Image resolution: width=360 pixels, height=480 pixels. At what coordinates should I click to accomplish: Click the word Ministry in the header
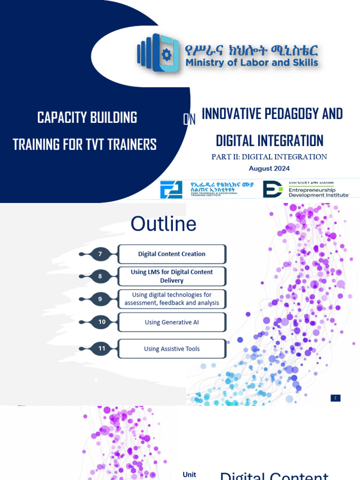204,62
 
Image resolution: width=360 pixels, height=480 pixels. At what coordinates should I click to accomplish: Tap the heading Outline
164,224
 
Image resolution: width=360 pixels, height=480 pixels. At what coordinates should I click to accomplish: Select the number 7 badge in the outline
100,254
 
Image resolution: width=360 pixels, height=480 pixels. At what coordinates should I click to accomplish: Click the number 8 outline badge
100,277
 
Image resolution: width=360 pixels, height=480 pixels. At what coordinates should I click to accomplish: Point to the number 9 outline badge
100,299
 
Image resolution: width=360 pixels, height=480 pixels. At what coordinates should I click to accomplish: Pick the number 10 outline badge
101,322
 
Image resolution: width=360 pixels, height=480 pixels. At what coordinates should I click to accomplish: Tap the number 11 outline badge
101,349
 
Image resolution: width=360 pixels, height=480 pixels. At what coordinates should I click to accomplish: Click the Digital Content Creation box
172,254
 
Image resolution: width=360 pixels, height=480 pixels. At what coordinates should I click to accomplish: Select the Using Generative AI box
172,322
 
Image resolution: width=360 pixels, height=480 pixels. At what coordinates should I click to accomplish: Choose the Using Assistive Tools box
172,349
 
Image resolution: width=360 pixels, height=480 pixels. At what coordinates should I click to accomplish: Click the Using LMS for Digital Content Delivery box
172,276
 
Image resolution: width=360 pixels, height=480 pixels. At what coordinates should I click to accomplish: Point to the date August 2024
269,168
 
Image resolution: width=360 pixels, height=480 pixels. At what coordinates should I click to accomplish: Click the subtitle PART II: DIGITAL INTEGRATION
269,157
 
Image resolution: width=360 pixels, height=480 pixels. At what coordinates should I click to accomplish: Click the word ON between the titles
189,120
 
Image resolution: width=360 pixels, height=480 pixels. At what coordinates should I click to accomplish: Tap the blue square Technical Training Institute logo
171,190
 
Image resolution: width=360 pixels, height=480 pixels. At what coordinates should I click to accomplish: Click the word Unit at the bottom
189,474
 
